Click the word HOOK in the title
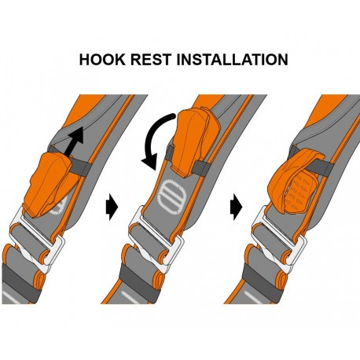click(102, 60)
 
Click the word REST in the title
click(151, 60)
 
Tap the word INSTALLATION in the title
click(233, 60)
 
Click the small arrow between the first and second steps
click(112, 207)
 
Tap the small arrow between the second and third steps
click(236, 207)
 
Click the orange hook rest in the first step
click(49, 183)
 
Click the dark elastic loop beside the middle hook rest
click(202, 168)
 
